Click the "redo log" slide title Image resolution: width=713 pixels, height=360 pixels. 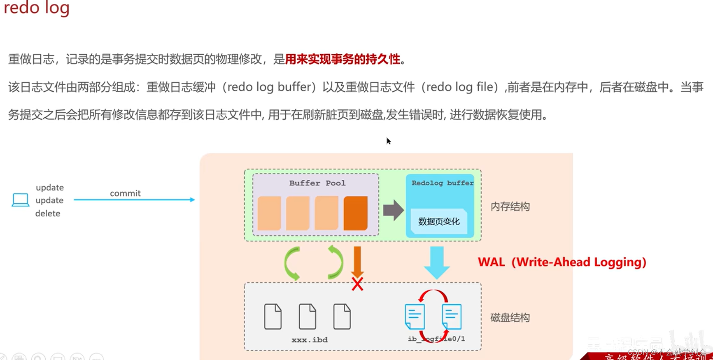pyautogui.click(x=37, y=8)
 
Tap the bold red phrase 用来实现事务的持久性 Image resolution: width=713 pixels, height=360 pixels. pyautogui.click(x=343, y=59)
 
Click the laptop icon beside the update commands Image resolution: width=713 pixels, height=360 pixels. pyautogui.click(x=20, y=200)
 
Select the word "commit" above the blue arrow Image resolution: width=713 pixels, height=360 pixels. pyautogui.click(x=125, y=193)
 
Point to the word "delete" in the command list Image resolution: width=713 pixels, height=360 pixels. pyautogui.click(x=48, y=214)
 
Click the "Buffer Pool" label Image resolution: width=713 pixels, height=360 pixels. pyautogui.click(x=317, y=183)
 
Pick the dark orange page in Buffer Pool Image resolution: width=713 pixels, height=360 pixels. pyautogui.click(x=355, y=213)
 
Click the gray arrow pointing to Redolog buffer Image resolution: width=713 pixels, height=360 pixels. pyautogui.click(x=393, y=210)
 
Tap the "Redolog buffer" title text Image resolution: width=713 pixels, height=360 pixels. pyautogui.click(x=442, y=183)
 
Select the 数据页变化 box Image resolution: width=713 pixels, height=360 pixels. pyautogui.click(x=439, y=222)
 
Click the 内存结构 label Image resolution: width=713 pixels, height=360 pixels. pyautogui.click(x=510, y=207)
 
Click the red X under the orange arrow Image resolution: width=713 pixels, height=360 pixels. pyautogui.click(x=357, y=284)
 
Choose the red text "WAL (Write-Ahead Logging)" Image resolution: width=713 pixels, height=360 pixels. pyautogui.click(x=562, y=262)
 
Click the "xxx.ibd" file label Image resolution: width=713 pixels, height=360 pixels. pyautogui.click(x=310, y=340)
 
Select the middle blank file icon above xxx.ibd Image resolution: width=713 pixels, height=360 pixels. pyautogui.click(x=308, y=316)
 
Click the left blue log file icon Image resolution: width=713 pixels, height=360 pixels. pyautogui.click(x=415, y=316)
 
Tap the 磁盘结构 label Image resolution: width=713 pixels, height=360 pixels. pyautogui.click(x=510, y=318)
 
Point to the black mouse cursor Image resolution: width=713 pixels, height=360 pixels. pyautogui.click(x=388, y=141)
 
